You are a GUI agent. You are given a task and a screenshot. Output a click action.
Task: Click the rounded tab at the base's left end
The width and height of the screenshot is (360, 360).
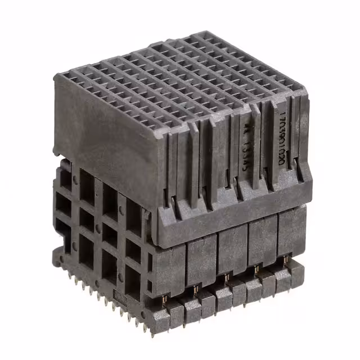click(57, 259)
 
